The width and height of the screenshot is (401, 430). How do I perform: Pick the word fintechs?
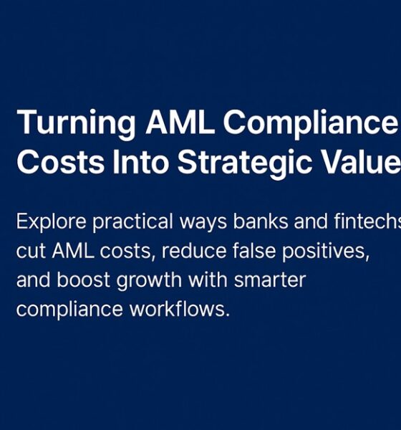coord(366,222)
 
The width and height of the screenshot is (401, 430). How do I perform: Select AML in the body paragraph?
coord(74,252)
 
